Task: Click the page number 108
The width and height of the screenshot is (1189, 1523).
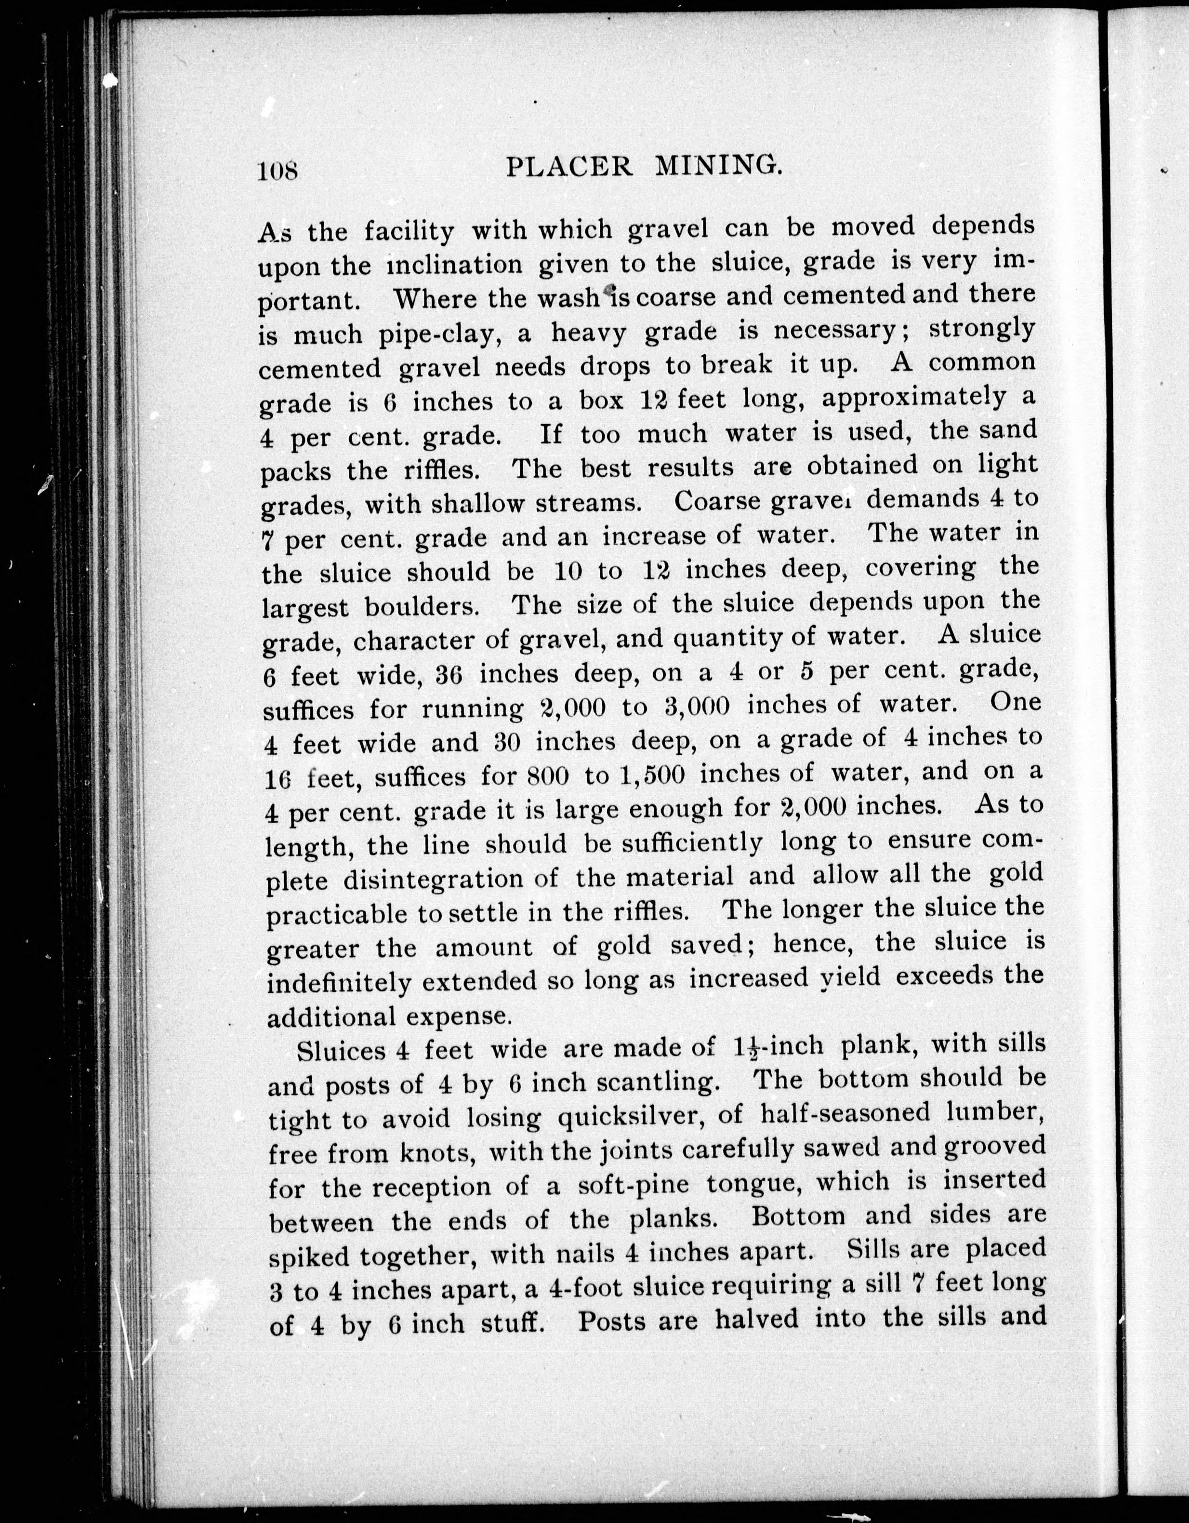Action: (278, 170)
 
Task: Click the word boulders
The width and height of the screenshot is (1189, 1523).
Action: (422, 606)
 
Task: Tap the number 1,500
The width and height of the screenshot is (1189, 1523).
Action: (654, 774)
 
